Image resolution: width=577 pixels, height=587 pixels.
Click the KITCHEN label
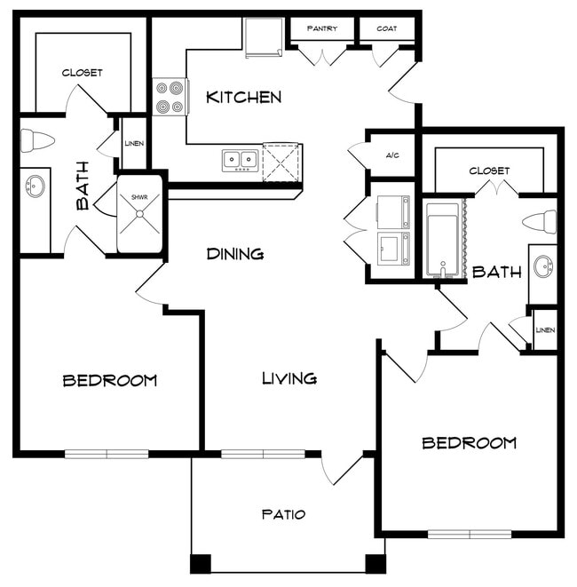tap(243, 98)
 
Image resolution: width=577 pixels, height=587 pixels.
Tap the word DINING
tap(235, 254)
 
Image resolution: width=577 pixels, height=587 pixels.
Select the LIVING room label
tap(289, 378)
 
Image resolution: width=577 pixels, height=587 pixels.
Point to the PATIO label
tap(284, 514)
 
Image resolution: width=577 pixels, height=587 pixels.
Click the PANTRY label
tap(322, 28)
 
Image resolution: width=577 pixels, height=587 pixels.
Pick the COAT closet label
tap(387, 28)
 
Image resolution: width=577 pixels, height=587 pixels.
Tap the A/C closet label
tap(392, 155)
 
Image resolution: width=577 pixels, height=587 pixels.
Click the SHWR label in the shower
tap(139, 197)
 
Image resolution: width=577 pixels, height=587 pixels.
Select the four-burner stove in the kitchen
tap(170, 97)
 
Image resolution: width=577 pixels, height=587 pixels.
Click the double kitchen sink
tap(241, 161)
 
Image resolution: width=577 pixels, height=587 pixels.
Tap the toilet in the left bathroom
tap(37, 141)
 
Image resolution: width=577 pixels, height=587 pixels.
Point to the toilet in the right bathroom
tap(539, 222)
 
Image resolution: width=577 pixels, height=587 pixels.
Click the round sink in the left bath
tap(36, 186)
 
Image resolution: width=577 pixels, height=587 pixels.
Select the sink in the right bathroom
tap(543, 266)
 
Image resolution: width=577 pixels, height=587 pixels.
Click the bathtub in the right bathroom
tap(443, 240)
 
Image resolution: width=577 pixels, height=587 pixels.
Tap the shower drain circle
tap(139, 214)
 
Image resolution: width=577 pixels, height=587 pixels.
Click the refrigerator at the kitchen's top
tap(264, 38)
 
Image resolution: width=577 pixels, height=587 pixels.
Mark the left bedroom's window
tap(107, 454)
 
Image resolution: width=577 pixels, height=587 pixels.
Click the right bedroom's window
tap(470, 535)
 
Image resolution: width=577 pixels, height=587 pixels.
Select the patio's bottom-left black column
tap(201, 564)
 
